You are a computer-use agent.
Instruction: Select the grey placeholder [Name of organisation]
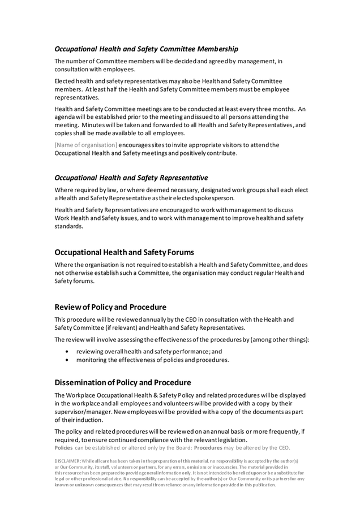(x=86, y=145)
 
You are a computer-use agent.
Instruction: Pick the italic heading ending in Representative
(x=131, y=177)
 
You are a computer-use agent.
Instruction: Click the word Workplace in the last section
(x=89, y=395)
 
